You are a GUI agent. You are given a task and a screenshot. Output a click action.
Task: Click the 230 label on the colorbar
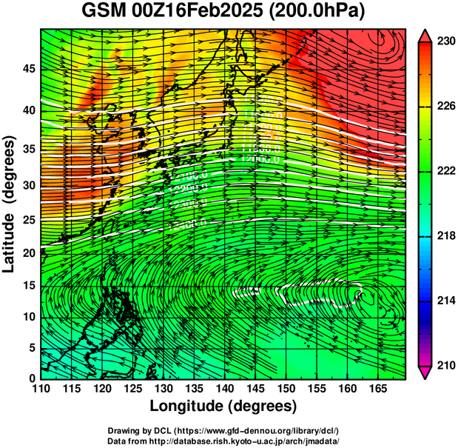click(x=445, y=43)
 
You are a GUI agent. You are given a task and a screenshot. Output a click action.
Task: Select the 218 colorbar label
click(x=445, y=235)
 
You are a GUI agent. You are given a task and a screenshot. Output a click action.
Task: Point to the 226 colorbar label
click(x=445, y=107)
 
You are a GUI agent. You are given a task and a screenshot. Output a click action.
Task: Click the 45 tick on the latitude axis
click(x=27, y=69)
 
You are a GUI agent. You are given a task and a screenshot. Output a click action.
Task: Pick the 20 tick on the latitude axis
click(x=27, y=253)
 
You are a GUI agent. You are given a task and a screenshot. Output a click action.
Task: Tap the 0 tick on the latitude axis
click(x=30, y=378)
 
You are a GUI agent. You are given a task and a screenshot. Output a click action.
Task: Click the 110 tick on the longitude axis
click(x=40, y=388)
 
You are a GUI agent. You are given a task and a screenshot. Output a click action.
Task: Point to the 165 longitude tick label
click(x=378, y=388)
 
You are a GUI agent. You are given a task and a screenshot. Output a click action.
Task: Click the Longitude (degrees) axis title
click(x=223, y=406)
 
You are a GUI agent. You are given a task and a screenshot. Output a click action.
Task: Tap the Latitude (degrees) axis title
click(x=10, y=204)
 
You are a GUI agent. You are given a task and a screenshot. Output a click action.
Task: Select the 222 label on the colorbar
click(x=445, y=171)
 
